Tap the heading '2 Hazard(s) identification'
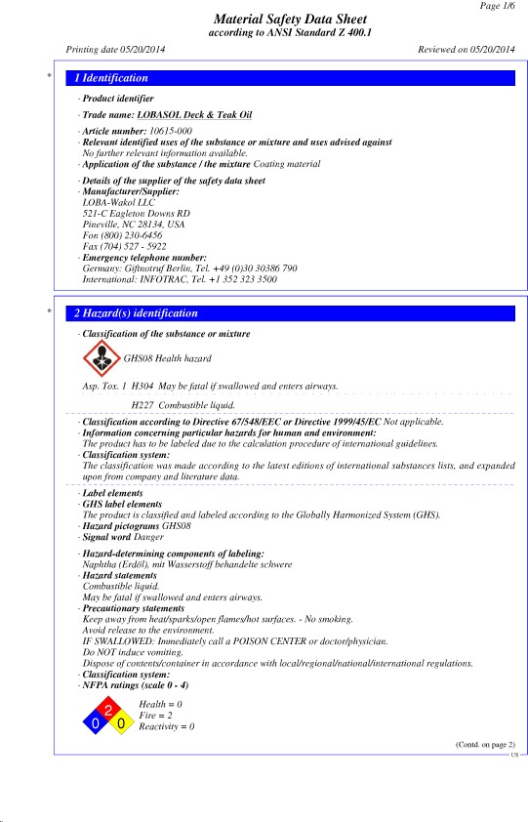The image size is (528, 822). pos(137,313)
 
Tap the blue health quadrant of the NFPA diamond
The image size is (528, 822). pos(96,723)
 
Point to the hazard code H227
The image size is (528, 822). pos(142,403)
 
